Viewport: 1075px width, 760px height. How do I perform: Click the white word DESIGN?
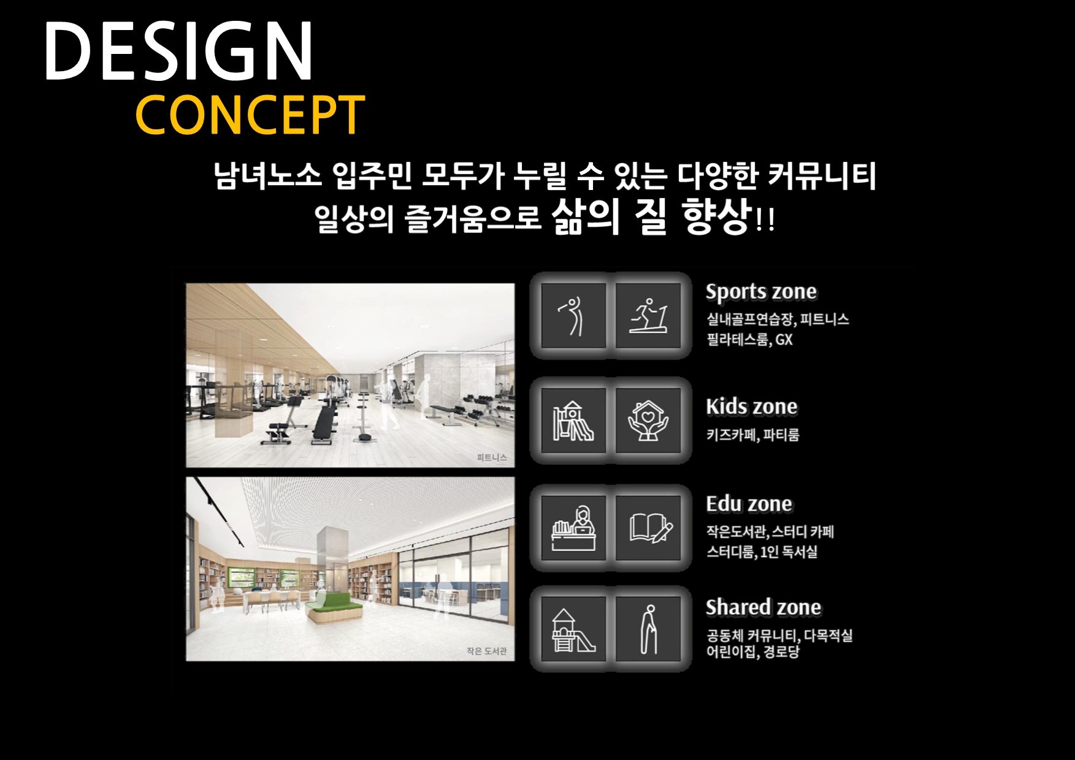click(179, 51)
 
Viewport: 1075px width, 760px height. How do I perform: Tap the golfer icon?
click(573, 316)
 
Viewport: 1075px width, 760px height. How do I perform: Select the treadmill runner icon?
click(648, 316)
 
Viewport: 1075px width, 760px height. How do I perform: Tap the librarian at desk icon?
click(573, 528)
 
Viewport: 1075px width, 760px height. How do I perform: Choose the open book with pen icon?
click(650, 528)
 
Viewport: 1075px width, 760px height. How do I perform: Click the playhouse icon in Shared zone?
click(573, 630)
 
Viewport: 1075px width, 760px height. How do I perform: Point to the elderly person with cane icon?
click(649, 630)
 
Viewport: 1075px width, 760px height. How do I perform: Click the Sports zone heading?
click(761, 292)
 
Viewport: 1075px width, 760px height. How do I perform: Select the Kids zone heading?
click(752, 406)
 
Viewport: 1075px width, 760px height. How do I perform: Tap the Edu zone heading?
click(749, 504)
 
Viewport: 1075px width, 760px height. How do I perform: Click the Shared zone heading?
click(763, 607)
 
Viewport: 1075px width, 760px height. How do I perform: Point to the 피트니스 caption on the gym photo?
click(492, 457)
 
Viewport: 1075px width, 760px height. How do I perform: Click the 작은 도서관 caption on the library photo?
click(487, 651)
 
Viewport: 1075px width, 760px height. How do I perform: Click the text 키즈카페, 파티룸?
click(752, 435)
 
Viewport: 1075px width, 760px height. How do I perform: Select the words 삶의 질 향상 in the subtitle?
click(652, 216)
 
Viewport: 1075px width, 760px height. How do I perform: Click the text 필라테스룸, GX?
click(749, 340)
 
